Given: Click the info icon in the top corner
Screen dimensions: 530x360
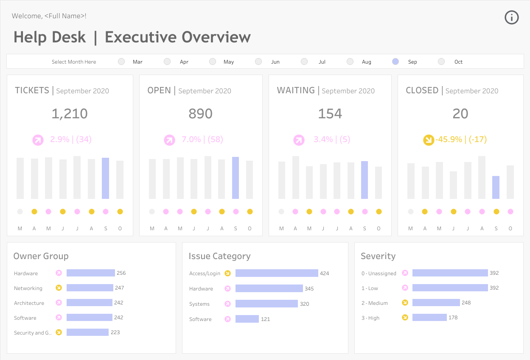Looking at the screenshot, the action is (x=512, y=17).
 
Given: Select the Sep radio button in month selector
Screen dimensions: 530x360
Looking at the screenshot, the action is (x=395, y=61).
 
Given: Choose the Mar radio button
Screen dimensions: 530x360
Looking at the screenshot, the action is (x=121, y=61).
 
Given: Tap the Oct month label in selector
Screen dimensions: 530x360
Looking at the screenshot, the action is (x=458, y=62).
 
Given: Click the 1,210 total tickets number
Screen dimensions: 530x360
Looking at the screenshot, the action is (x=70, y=114).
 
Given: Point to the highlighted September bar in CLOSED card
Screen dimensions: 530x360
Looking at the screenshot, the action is (x=496, y=187).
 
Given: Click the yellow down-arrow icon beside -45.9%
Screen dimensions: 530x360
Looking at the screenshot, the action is (x=429, y=140).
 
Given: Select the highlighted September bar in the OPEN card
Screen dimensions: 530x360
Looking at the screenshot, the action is (x=236, y=178).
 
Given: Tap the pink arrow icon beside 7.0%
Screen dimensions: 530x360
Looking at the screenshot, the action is (x=169, y=140).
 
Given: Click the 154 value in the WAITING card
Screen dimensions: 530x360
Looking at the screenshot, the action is (x=330, y=114).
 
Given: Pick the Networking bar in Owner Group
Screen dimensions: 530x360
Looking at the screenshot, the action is (x=90, y=287).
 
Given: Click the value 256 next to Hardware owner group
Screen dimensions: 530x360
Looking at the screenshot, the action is (x=121, y=273).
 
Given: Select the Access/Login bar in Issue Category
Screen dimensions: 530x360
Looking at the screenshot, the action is (x=277, y=273).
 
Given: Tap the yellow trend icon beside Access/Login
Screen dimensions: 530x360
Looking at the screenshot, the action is (x=227, y=273).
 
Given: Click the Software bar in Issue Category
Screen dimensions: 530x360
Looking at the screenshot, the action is (x=247, y=319).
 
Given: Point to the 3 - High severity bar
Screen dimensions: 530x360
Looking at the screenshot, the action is (x=430, y=318).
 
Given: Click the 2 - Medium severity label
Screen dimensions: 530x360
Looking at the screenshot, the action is (x=375, y=303).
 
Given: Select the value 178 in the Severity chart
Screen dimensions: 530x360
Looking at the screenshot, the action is (x=453, y=318).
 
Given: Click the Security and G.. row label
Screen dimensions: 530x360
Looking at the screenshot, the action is (x=33, y=333).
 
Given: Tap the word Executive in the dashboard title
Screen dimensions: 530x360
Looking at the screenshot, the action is (x=140, y=37).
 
